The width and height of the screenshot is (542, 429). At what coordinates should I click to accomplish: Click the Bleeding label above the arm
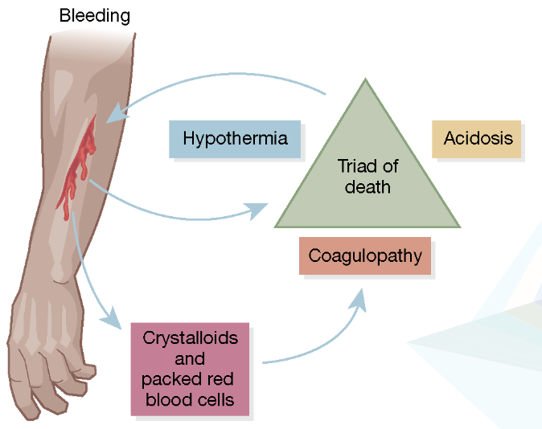pos(95,16)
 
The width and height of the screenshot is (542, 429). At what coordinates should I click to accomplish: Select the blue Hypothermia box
pos(235,138)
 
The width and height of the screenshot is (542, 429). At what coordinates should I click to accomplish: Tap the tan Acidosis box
pos(478,138)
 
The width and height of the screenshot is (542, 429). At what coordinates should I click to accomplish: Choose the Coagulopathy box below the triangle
pos(365,257)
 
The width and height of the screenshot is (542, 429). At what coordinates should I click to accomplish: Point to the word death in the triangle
pos(367,187)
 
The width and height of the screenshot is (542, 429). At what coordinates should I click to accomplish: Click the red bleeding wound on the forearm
pos(78,165)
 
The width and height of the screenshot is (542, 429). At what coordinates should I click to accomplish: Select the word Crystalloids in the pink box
pos(191,338)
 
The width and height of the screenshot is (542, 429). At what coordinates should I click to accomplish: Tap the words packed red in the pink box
pos(191,378)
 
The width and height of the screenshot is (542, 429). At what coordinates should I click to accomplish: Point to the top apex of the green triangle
pos(366,80)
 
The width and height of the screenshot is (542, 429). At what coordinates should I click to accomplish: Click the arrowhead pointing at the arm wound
pos(115,114)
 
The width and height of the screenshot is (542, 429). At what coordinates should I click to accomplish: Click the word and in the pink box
pos(190,358)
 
